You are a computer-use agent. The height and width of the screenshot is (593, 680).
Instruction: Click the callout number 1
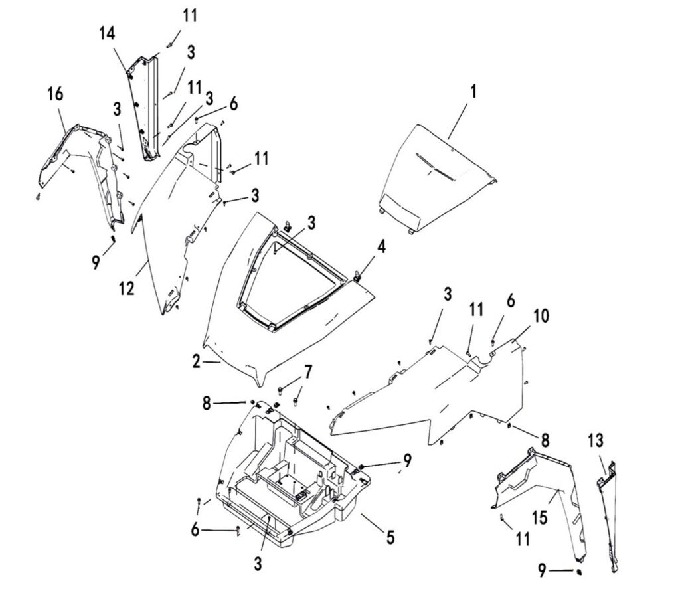pos(473,92)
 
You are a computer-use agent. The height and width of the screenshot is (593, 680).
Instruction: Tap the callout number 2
pos(196,362)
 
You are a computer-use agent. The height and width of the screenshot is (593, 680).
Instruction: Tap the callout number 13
pos(596,440)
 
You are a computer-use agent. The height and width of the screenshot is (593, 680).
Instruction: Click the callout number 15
pos(541,517)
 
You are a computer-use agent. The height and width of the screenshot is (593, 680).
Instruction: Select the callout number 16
pos(56,94)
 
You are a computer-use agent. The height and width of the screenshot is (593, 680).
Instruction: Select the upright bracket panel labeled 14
pos(145,106)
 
